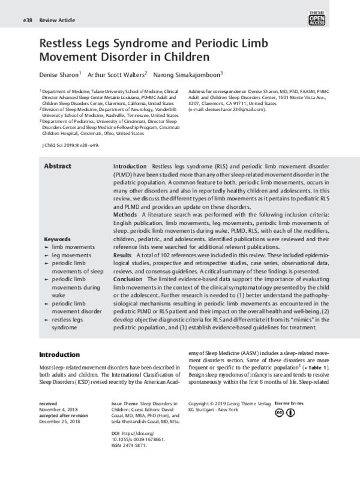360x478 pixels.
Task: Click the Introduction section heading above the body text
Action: click(x=60, y=355)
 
